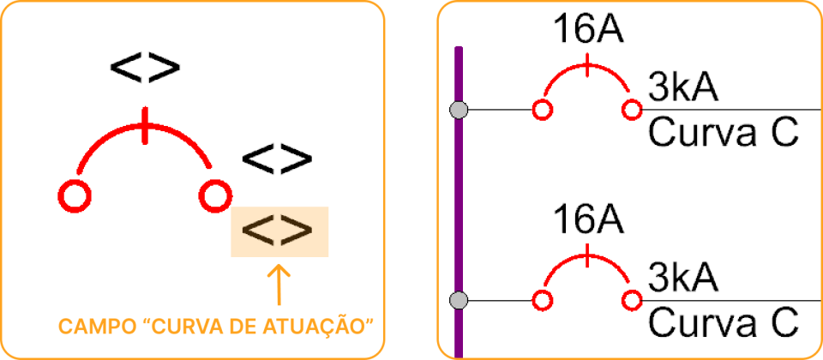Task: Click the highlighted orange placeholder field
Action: pos(279,231)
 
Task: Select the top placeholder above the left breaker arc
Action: pos(146,68)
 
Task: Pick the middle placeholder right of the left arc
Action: pos(277,159)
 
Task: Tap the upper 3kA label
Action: pos(683,87)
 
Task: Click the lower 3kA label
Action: pos(683,279)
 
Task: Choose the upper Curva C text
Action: pos(723,133)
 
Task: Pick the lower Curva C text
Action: pos(723,323)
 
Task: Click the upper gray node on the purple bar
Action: pos(460,110)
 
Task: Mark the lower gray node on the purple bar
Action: pos(460,300)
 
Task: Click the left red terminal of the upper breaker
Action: pos(542,110)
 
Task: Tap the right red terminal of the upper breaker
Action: pos(632,110)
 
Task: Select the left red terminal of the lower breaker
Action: pos(542,300)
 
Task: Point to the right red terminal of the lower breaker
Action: pos(632,300)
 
